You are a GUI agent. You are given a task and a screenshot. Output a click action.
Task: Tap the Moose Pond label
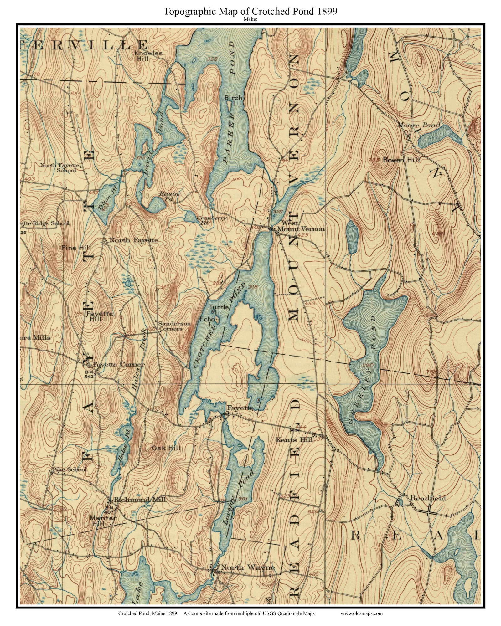[418, 125]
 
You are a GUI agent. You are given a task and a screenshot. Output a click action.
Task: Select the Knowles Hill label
[148, 56]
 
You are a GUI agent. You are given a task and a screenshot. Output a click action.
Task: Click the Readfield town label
[428, 498]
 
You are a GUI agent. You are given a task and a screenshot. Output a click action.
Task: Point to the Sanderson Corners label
[174, 326]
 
